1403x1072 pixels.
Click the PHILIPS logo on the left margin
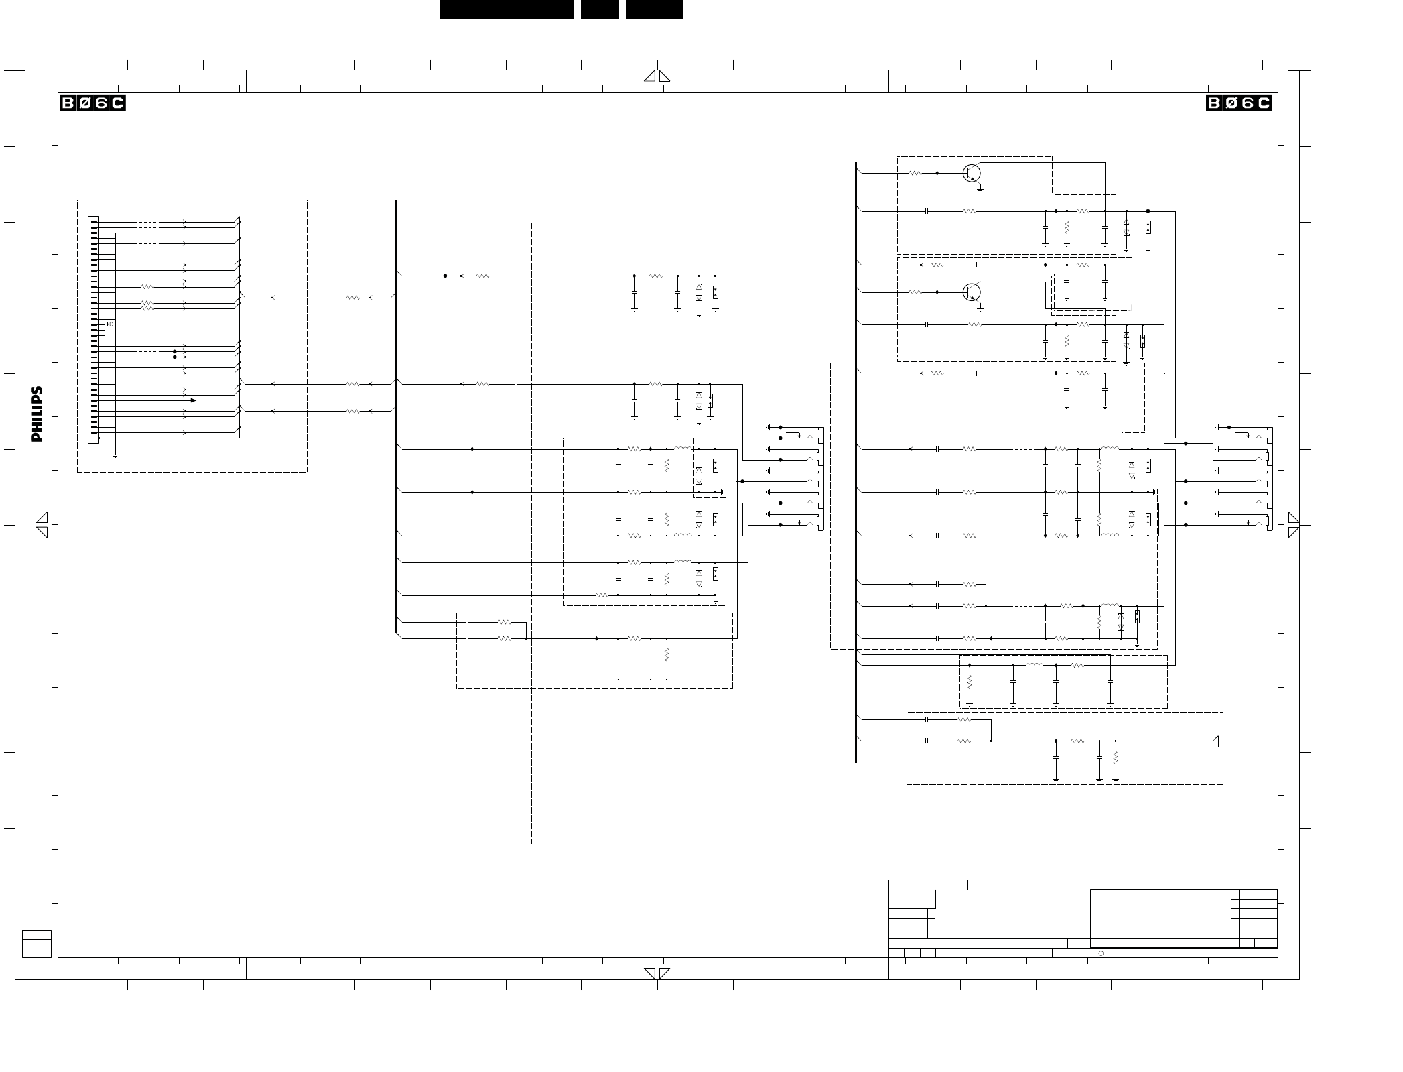(37, 414)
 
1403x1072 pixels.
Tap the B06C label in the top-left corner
(92, 103)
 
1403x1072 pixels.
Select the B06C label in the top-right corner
(1239, 103)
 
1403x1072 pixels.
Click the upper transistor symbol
(972, 173)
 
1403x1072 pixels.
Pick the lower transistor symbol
(972, 292)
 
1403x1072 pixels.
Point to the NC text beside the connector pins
(110, 324)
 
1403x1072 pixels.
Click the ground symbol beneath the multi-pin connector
(115, 455)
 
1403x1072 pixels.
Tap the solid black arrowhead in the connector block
(193, 400)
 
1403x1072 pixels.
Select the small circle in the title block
(1101, 953)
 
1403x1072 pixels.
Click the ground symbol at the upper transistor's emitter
(980, 190)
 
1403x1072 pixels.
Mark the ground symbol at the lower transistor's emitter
(980, 309)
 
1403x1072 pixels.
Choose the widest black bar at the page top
(507, 9)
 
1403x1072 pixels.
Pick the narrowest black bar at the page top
(600, 9)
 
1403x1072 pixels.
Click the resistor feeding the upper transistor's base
(915, 173)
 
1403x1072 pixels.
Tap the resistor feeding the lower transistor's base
(915, 292)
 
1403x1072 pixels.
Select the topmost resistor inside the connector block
(147, 287)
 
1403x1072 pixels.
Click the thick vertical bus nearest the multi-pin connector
(397, 416)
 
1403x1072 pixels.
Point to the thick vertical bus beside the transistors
(856, 463)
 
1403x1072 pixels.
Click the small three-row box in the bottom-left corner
(37, 944)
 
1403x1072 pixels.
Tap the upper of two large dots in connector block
(175, 351)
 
